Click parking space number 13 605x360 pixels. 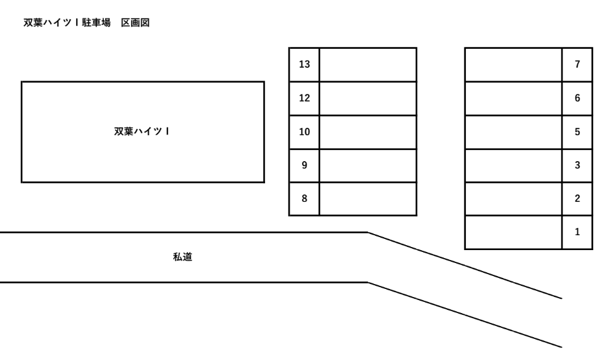coord(304,64)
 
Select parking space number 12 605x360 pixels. coord(304,98)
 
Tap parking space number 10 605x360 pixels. coord(304,132)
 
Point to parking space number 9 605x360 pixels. coord(304,165)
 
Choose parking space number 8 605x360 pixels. coord(304,199)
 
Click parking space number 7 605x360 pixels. coord(577,64)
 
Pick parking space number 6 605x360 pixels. coord(577,98)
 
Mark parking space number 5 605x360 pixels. coord(577,132)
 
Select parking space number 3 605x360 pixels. coord(577,165)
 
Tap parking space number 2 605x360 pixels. coord(577,199)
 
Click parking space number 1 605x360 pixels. coord(577,233)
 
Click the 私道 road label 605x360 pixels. coord(182,257)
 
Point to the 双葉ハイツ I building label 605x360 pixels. coord(143,131)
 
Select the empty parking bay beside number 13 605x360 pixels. coord(368,64)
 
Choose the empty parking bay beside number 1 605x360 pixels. coord(514,233)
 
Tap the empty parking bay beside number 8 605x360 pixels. coord(368,199)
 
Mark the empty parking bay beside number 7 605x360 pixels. coord(514,64)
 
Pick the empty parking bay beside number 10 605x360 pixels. coord(368,132)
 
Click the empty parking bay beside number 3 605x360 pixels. coord(514,165)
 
